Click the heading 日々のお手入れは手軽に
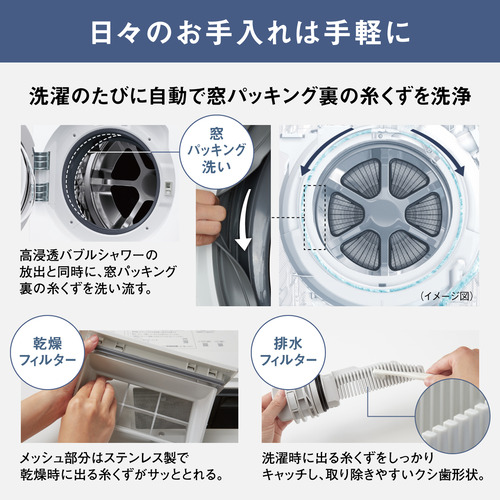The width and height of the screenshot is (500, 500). tap(250, 32)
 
